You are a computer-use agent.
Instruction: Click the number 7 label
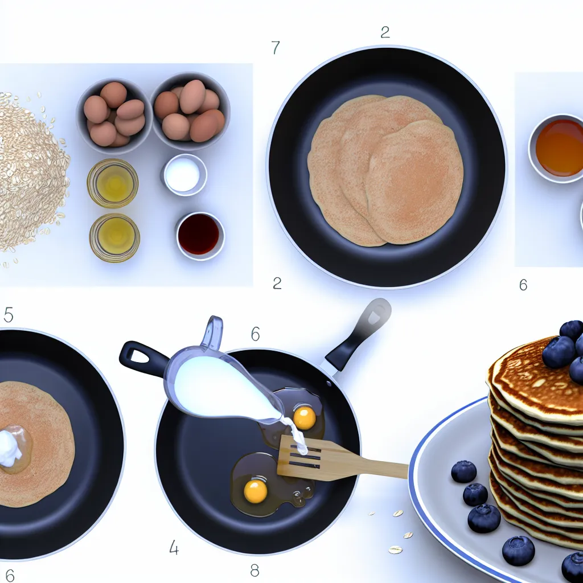[276, 47]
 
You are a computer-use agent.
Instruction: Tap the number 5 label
[8, 314]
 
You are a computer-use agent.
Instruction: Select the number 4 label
[174, 547]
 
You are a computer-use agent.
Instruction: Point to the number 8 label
[254, 570]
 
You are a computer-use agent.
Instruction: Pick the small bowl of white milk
[184, 174]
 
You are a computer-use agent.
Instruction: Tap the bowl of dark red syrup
[200, 235]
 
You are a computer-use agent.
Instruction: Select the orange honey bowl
[558, 148]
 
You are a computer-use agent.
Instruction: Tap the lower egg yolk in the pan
[256, 491]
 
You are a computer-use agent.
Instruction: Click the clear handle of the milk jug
[212, 332]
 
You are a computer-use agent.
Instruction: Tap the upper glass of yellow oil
[113, 183]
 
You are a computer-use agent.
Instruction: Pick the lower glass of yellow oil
[114, 237]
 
